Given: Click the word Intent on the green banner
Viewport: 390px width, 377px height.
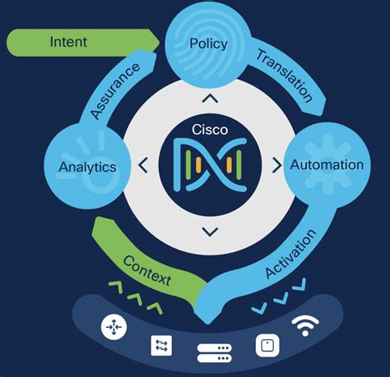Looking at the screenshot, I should pyautogui.click(x=68, y=41).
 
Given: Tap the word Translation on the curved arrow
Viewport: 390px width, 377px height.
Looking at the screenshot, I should pyautogui.click(x=284, y=75).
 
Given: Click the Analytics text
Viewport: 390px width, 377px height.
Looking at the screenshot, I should pyautogui.click(x=87, y=167).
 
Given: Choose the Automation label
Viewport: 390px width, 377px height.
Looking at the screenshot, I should pyautogui.click(x=327, y=164).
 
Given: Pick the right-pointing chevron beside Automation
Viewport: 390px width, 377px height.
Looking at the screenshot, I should pyautogui.click(x=276, y=166).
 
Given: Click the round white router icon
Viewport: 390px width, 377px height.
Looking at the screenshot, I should pyautogui.click(x=113, y=327).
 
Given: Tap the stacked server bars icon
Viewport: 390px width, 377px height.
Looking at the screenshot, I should pyautogui.click(x=216, y=354).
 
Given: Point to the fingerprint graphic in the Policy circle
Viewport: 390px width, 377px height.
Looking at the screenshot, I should pyautogui.click(x=221, y=33).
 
